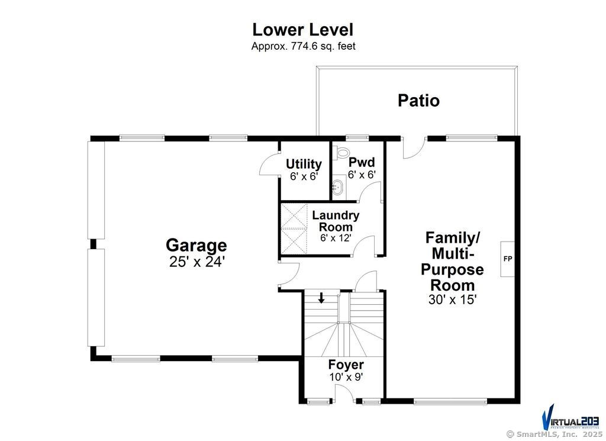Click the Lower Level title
click(302, 29)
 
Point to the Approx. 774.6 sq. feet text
click(303, 46)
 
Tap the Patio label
click(418, 101)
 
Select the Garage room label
click(196, 245)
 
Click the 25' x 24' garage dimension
click(196, 262)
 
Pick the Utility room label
click(304, 164)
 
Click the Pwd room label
click(362, 162)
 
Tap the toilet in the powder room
click(341, 153)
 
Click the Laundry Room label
click(336, 221)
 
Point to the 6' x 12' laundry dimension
click(336, 237)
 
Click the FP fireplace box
click(507, 259)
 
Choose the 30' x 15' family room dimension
click(452, 300)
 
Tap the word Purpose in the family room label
click(452, 270)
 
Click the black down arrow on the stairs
click(321, 298)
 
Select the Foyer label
click(346, 365)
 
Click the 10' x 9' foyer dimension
click(346, 376)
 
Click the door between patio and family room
click(414, 149)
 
